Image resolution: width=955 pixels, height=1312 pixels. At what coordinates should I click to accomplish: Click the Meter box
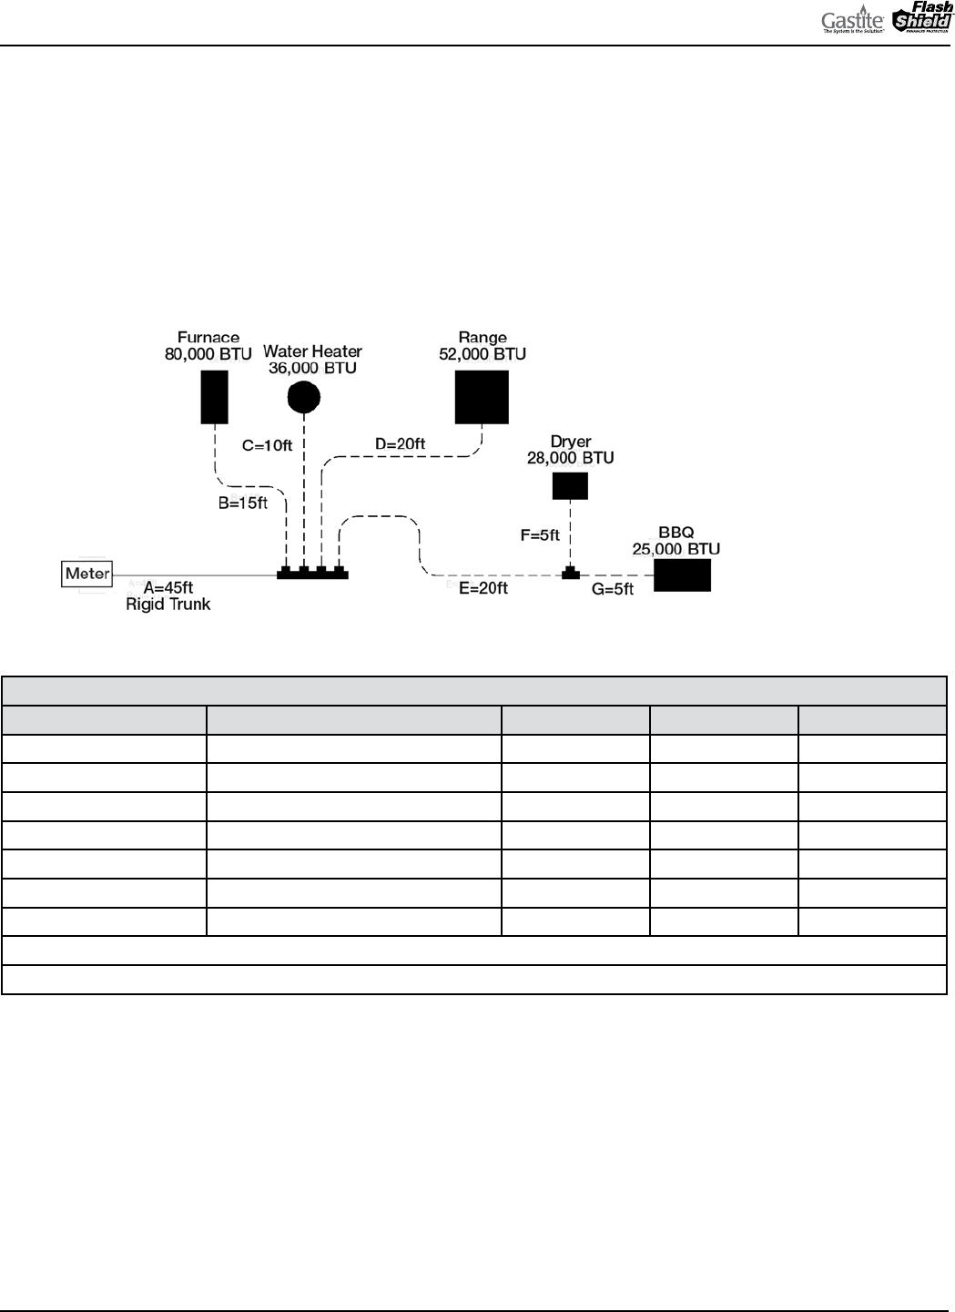coord(87,574)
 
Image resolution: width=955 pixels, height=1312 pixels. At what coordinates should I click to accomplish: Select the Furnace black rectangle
coord(214,398)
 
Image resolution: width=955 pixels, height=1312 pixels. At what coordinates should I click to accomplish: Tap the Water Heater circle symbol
coord(304,396)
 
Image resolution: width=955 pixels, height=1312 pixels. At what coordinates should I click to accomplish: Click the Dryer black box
coord(570,485)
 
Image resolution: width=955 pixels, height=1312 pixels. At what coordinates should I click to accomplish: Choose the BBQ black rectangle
coord(682,575)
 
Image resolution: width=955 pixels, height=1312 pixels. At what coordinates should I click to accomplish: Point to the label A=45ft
coord(169,587)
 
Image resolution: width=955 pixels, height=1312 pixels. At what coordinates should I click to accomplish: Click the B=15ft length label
coord(243,503)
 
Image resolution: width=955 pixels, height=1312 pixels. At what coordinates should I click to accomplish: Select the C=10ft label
coord(267,446)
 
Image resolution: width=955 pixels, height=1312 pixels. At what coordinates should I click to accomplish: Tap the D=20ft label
coord(401,443)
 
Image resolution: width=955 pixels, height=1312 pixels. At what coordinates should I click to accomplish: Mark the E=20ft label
coord(483,588)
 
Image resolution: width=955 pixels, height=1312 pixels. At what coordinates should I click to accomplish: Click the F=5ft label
coord(540,535)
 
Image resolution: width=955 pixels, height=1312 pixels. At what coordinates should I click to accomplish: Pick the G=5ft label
coord(613,589)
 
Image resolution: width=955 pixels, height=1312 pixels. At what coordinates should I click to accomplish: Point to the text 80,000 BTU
coord(208,354)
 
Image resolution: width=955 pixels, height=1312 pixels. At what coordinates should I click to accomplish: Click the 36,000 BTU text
coord(312,368)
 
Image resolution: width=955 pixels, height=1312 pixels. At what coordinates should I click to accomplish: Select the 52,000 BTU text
coord(483,354)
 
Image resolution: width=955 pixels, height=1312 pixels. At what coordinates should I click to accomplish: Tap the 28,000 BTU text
coord(571,458)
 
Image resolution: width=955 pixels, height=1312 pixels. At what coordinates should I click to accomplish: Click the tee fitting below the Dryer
coord(571,574)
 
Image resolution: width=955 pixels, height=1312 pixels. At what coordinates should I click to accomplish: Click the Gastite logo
coord(852,21)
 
